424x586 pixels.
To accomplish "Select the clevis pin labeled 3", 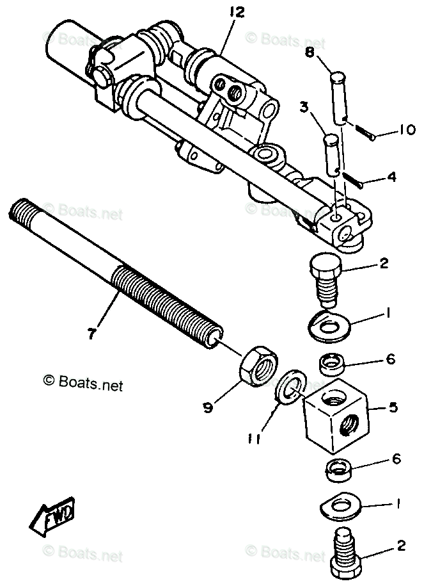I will click(x=333, y=154).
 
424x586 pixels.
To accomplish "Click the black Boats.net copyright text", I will click(x=83, y=384).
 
